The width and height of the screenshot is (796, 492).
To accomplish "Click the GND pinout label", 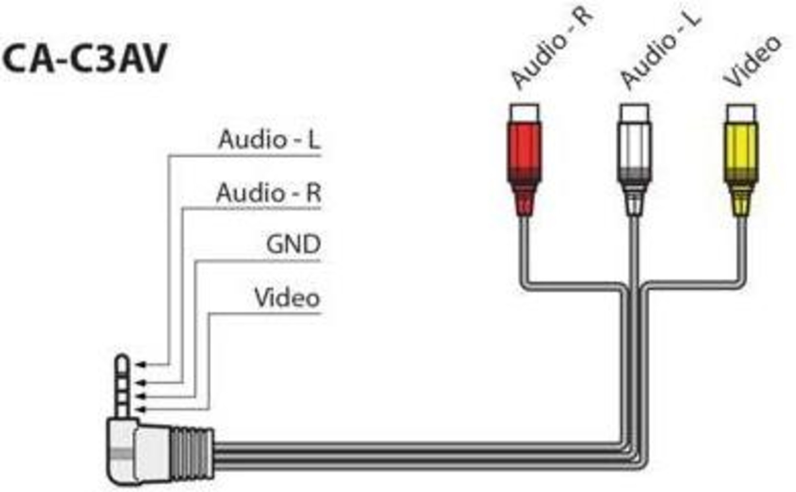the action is click(293, 245).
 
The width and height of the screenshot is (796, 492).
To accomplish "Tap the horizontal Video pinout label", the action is click(287, 298).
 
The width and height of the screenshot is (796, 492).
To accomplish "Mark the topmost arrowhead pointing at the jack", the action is click(140, 365).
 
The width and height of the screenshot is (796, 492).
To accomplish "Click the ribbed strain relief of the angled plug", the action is click(191, 456).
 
